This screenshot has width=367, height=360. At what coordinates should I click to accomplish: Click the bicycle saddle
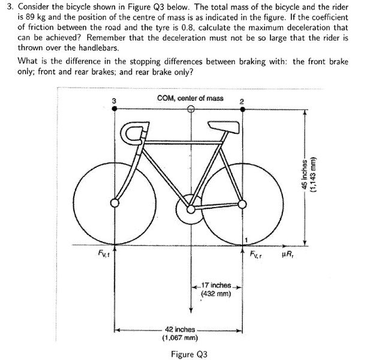[x=221, y=125]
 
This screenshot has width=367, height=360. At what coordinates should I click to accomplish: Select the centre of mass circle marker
[x=191, y=109]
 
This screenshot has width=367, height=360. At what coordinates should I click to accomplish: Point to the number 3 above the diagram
[x=115, y=100]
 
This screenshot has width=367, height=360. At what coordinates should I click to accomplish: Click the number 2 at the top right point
[x=241, y=100]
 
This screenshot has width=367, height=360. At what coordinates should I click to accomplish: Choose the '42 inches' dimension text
[x=181, y=329]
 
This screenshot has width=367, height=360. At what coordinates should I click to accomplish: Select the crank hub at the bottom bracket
[x=191, y=206]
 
